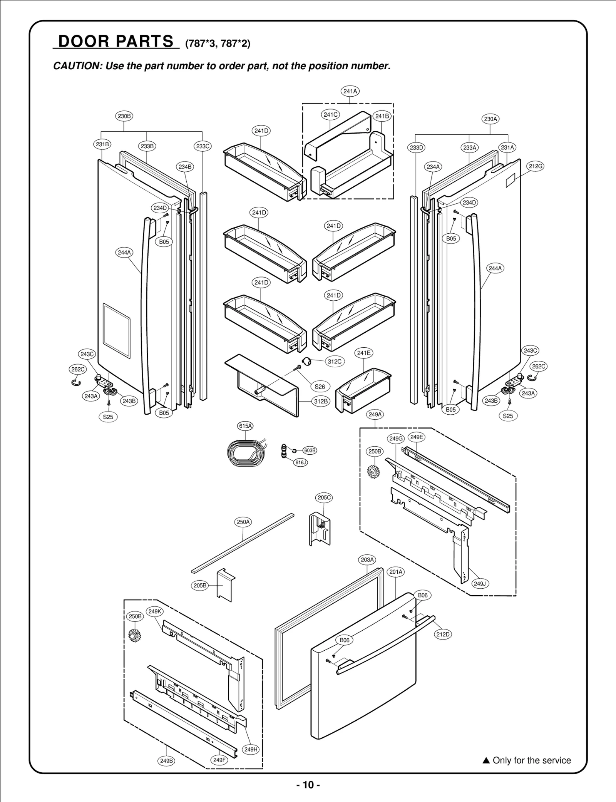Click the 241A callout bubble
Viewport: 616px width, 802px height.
tap(350, 91)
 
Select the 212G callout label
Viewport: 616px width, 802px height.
tap(535, 166)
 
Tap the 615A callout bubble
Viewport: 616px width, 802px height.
tap(245, 426)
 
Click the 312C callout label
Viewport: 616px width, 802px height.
tap(335, 361)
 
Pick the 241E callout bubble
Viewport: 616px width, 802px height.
tap(363, 353)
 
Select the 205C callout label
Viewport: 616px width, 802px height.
tap(324, 497)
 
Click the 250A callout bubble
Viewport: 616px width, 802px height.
tap(243, 522)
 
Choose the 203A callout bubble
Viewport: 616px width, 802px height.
tap(367, 560)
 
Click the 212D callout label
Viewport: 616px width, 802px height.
tap(443, 634)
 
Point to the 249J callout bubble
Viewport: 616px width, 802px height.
tap(480, 584)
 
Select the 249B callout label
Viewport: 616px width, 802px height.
tap(166, 761)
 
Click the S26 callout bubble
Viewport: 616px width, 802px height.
tap(320, 387)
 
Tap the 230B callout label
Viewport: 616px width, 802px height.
tap(124, 116)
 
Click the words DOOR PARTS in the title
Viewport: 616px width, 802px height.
tap(116, 41)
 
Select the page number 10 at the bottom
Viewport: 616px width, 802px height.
tap(308, 785)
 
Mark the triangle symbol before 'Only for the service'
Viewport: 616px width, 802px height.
tap(486, 760)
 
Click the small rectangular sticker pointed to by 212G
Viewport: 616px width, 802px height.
tap(510, 179)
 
